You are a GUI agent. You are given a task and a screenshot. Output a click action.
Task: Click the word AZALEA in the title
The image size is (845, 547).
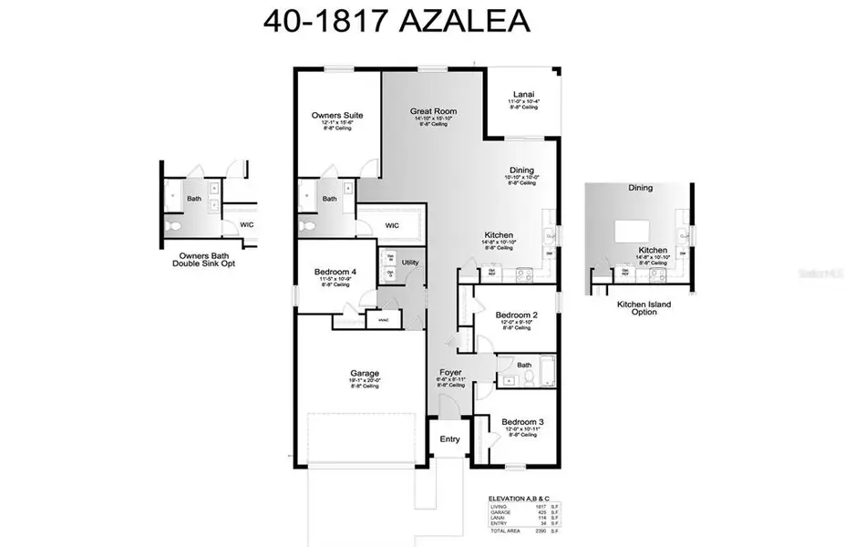coord(465,21)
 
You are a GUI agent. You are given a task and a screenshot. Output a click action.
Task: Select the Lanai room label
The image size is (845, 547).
coord(523,93)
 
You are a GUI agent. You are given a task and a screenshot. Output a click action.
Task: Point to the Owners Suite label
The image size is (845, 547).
coord(337,116)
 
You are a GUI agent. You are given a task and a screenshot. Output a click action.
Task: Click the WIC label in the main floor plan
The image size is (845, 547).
coord(392,225)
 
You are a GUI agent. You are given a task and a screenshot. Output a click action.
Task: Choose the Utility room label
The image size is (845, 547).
coord(410,263)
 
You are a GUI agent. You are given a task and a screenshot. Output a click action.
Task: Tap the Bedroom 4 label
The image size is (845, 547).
coord(335,271)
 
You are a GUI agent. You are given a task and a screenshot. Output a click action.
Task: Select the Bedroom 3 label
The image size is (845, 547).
coord(522,422)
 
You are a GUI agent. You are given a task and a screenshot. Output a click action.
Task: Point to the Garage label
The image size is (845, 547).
coord(365,373)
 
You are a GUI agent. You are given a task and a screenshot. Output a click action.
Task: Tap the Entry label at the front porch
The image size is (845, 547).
coord(450,439)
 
